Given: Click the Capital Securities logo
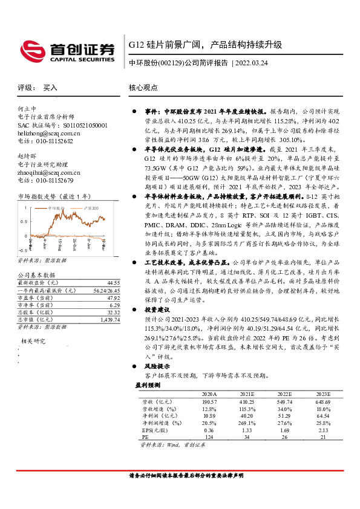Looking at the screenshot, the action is (x=67, y=50).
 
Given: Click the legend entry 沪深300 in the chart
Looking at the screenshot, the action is (x=91, y=207).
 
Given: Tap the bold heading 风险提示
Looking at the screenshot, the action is (x=156, y=366).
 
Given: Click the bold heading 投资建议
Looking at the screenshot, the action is (x=156, y=308).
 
